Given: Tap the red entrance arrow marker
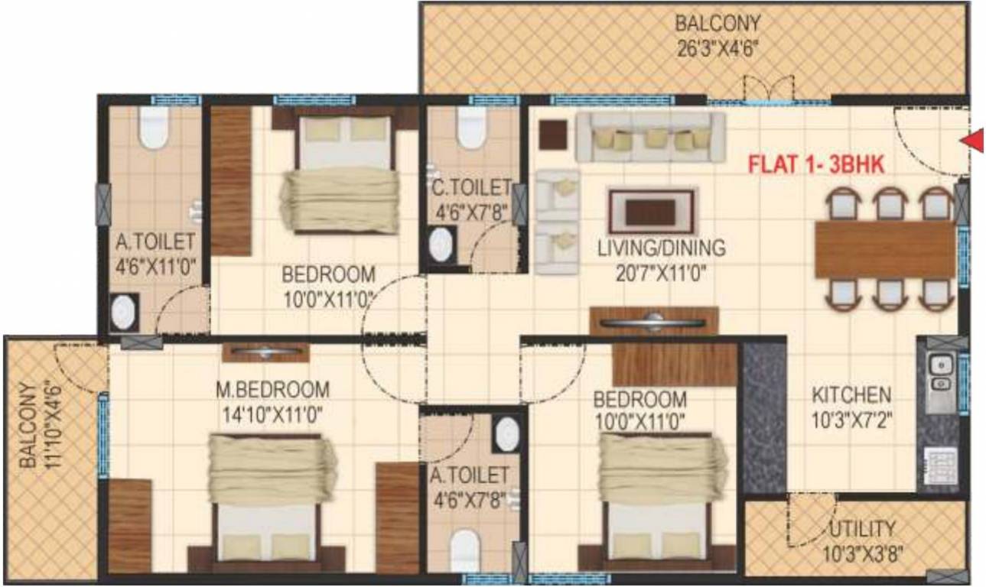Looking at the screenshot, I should click(974, 140).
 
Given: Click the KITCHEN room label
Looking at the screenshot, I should click(851, 395).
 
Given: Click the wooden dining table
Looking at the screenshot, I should click(885, 249).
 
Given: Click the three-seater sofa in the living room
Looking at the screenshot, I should click(649, 138).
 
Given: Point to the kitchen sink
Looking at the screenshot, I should click(937, 374).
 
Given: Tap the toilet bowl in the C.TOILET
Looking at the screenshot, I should click(471, 128).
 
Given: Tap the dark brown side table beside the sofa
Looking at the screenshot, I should click(552, 135).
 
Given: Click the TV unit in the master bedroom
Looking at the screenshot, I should click(265, 352).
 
